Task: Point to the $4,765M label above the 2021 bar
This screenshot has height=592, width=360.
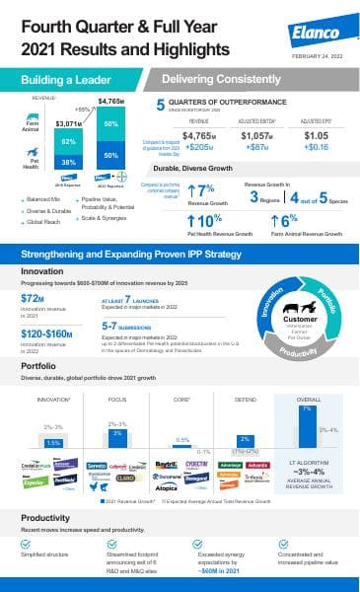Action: [x=110, y=102]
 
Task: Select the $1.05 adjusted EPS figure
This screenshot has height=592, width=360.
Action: [x=316, y=136]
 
